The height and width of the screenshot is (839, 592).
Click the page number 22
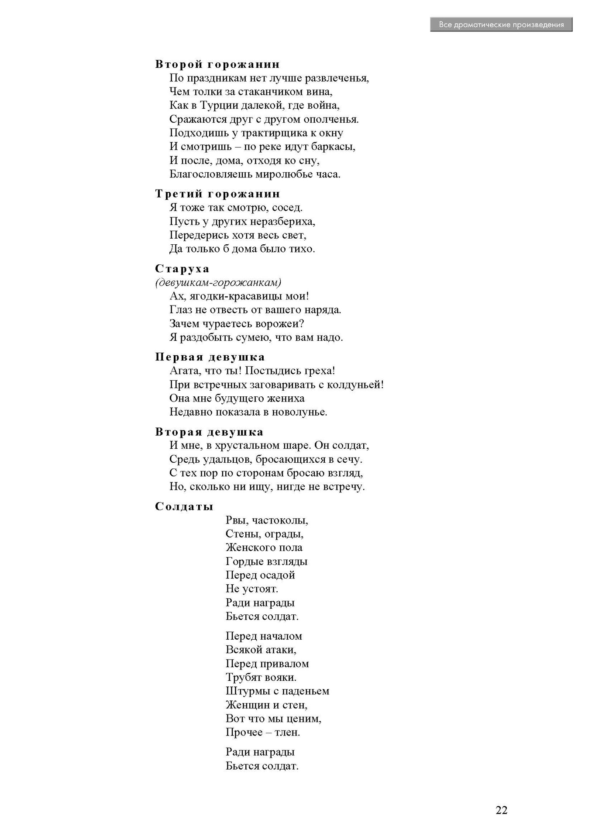point(501,810)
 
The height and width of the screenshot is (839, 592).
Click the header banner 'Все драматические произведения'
point(501,24)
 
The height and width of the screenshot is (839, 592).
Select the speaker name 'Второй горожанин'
point(217,64)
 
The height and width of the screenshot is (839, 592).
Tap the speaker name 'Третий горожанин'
point(217,194)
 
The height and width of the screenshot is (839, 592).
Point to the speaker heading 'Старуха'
point(182,269)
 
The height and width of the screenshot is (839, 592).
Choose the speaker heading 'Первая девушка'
point(210,357)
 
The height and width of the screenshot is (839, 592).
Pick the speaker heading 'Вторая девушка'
point(209,432)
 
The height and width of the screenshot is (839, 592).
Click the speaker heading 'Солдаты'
point(184,506)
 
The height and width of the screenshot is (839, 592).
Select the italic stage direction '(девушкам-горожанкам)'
point(218,282)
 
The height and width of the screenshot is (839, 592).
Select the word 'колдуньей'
point(355,385)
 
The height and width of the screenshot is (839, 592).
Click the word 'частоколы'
point(280,520)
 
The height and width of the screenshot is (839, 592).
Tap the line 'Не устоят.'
point(252,589)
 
